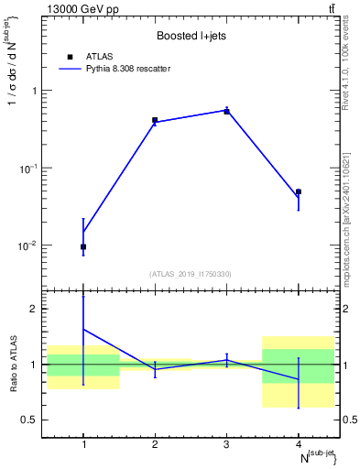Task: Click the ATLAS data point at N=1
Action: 83,246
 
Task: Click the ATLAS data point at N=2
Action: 155,120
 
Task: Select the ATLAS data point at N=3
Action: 226,111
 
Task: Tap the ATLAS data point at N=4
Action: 299,191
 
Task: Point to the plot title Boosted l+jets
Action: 191,37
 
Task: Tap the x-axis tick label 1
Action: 83,445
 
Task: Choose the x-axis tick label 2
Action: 155,445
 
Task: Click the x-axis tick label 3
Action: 226,445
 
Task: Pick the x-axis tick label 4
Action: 299,445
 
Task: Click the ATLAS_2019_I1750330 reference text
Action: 191,274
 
